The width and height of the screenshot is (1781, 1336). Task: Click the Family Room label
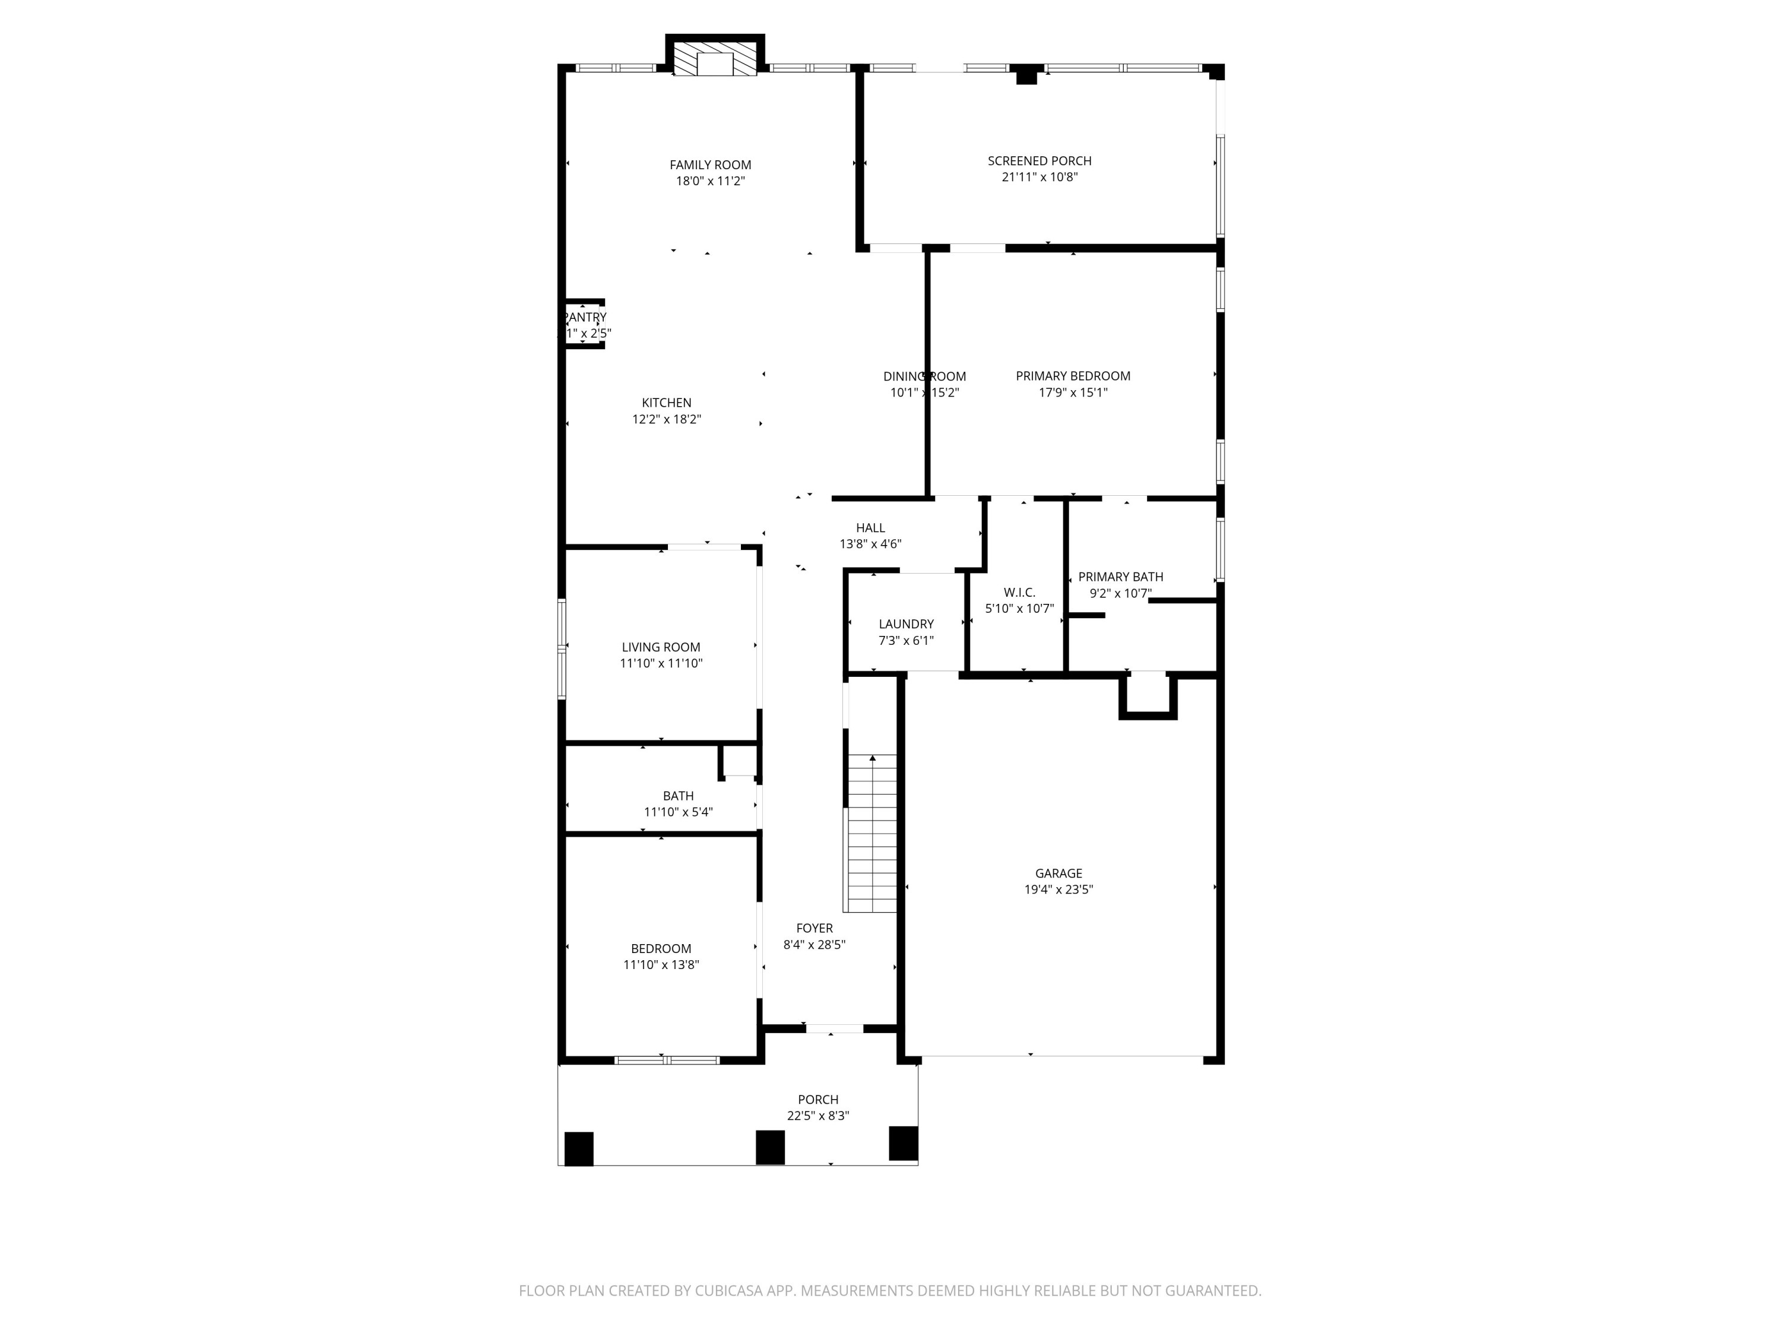coord(710,165)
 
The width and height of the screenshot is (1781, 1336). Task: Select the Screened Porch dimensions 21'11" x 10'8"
coord(1040,177)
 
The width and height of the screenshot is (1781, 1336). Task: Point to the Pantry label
coord(585,317)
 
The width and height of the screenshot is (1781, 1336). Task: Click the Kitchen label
coord(666,403)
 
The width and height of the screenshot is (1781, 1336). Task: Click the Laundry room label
coord(906,624)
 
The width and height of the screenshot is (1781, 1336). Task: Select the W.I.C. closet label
coord(1019,593)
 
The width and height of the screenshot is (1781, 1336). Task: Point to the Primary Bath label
coord(1120,577)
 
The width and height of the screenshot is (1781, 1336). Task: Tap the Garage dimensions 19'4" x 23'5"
coord(1058,890)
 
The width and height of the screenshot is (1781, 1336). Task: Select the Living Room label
coord(660,647)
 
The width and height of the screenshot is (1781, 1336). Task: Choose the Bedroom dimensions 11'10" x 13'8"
coord(660,965)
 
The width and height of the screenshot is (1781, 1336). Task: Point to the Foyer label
coord(814,929)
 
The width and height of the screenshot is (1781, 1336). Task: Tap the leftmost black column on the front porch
coord(578,1148)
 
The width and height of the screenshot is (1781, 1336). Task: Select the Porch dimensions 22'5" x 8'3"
coord(817,1116)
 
